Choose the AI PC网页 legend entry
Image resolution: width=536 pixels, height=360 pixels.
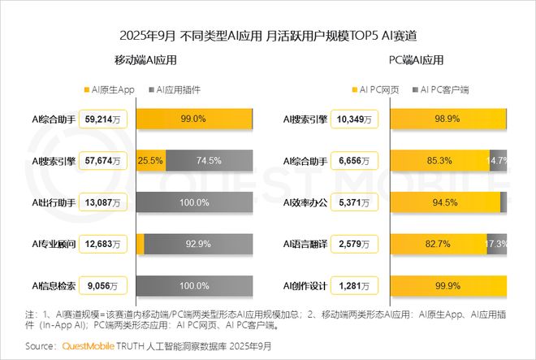pos(376,89)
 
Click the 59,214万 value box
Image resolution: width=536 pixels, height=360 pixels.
pos(105,119)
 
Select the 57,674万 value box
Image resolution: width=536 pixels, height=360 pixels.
pos(105,161)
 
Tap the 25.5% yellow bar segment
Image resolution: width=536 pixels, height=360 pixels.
pos(151,161)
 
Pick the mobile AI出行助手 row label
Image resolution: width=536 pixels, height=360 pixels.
pos(54,202)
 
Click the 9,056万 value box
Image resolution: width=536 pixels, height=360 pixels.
pos(105,285)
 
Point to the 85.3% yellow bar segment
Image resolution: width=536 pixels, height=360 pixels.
pos(440,161)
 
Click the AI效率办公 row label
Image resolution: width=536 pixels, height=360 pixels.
pos(305,202)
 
